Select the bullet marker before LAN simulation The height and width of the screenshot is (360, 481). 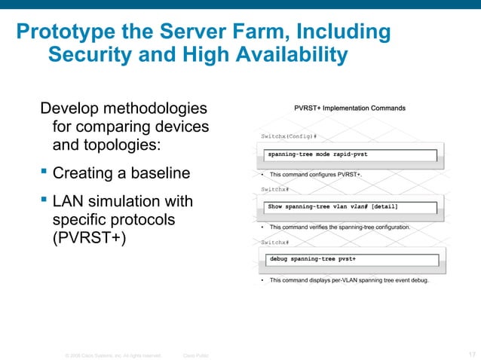44,202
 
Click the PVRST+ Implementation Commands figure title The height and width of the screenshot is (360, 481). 350,108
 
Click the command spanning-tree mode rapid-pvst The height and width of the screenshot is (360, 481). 319,154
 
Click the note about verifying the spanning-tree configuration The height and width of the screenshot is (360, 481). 339,227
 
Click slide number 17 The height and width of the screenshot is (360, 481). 471,353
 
